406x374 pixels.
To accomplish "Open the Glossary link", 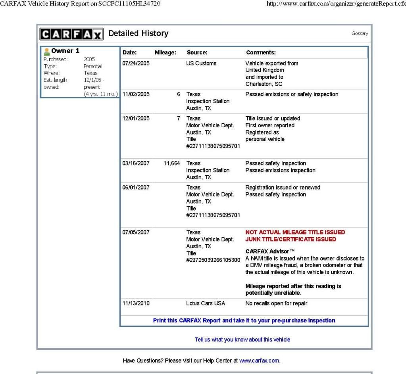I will (360, 34).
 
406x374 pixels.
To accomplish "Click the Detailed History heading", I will (139, 34).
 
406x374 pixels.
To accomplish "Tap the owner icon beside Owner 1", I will (47, 51).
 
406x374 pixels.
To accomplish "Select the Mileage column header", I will (165, 52).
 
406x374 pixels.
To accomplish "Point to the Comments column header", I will (261, 52).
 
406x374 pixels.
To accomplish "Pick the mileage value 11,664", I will (172, 163).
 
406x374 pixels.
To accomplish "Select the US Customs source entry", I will (201, 63).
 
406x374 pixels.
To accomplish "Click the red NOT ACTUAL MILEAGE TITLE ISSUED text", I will (295, 232).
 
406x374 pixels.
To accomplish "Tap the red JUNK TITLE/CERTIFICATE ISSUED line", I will (291, 239).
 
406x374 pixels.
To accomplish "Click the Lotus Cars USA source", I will (206, 303).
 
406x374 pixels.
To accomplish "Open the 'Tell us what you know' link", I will (242, 339).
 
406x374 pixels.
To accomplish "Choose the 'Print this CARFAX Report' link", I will (244, 320).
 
